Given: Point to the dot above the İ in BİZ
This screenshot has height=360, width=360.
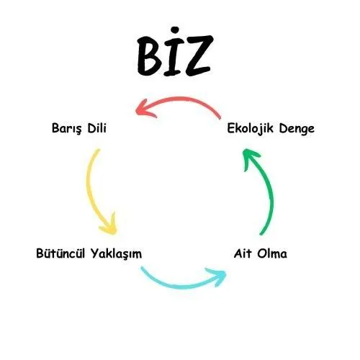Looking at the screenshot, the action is [175, 30].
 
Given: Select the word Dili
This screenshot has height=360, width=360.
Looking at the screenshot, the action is [96, 128].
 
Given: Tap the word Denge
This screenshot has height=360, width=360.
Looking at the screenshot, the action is [297, 129].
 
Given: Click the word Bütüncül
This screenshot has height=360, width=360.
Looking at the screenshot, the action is [60, 253].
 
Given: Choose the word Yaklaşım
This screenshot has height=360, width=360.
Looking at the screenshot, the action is [117, 254].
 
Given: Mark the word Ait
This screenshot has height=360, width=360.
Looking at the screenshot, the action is [243, 253].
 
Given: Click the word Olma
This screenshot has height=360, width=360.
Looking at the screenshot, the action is [272, 253].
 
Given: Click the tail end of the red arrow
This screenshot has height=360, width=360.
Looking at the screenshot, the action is [220, 118].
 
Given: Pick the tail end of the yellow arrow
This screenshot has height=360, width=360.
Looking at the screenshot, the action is [98, 150].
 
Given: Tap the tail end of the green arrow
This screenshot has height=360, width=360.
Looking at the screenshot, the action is [261, 234].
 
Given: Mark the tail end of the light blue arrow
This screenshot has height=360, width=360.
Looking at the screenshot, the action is [143, 268].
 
